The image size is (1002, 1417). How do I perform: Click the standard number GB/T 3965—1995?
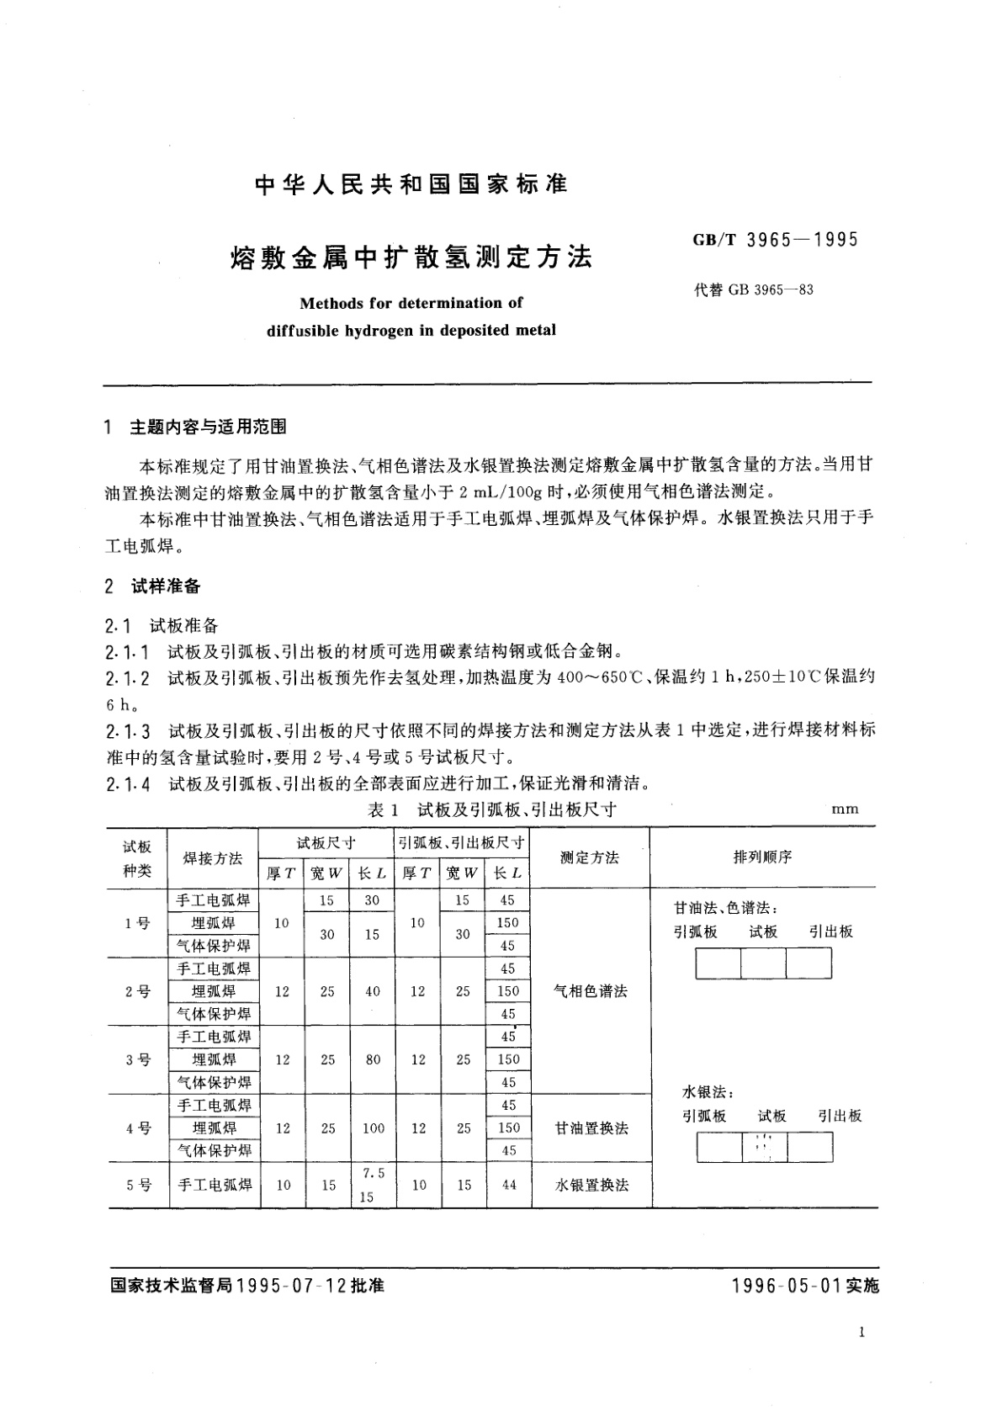(775, 240)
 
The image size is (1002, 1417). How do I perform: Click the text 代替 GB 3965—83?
(753, 290)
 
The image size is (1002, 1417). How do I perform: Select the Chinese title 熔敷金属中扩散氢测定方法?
(411, 257)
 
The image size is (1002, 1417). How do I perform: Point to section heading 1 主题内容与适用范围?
(195, 427)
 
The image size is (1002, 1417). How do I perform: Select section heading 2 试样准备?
(153, 586)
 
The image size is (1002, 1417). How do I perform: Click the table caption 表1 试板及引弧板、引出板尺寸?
(491, 809)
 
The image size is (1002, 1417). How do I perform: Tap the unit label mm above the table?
(845, 809)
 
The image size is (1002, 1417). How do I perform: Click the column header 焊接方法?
(213, 858)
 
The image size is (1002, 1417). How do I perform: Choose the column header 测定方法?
(590, 857)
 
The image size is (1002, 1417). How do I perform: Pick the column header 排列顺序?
(762, 857)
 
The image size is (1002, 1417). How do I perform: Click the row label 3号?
(137, 1060)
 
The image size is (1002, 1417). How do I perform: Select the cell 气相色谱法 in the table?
(591, 991)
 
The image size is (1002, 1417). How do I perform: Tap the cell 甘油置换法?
(591, 1128)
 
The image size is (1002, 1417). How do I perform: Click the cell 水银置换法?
(591, 1185)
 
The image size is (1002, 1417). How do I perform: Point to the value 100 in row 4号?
(374, 1128)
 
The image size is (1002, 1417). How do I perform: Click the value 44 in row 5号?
(508, 1185)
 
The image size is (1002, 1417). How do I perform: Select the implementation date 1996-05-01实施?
(805, 1287)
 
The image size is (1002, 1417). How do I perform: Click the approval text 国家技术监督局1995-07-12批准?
(247, 1287)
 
